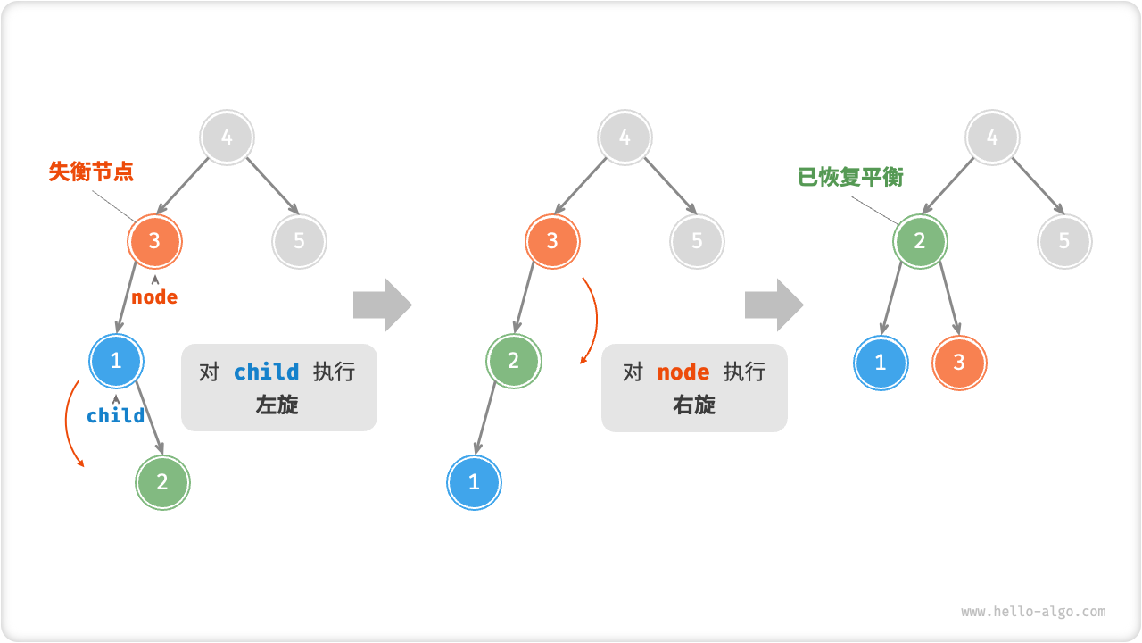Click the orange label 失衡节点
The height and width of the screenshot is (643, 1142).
pos(91,171)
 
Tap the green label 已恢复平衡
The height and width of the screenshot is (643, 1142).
pos(850,177)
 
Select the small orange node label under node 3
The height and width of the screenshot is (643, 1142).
pos(154,297)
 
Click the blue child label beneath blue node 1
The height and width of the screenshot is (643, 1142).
pos(115,415)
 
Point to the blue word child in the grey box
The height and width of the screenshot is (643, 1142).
pos(266,372)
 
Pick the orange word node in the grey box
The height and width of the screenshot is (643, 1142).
pos(683,372)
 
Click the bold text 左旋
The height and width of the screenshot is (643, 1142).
pos(277,405)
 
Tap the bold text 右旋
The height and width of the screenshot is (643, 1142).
pos(694,405)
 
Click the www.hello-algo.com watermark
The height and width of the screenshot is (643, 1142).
pos(1033,612)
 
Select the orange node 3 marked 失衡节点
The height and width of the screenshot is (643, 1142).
pos(155,240)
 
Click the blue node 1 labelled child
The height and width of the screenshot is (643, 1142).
pos(116,361)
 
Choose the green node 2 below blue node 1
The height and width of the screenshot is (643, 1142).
pos(162,482)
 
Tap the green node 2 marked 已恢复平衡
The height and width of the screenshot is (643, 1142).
pos(920,241)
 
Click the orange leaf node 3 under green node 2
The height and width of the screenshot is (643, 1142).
pos(959,363)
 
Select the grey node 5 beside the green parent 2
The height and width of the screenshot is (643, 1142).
pos(1064,241)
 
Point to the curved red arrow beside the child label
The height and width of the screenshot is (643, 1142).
pos(69,424)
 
